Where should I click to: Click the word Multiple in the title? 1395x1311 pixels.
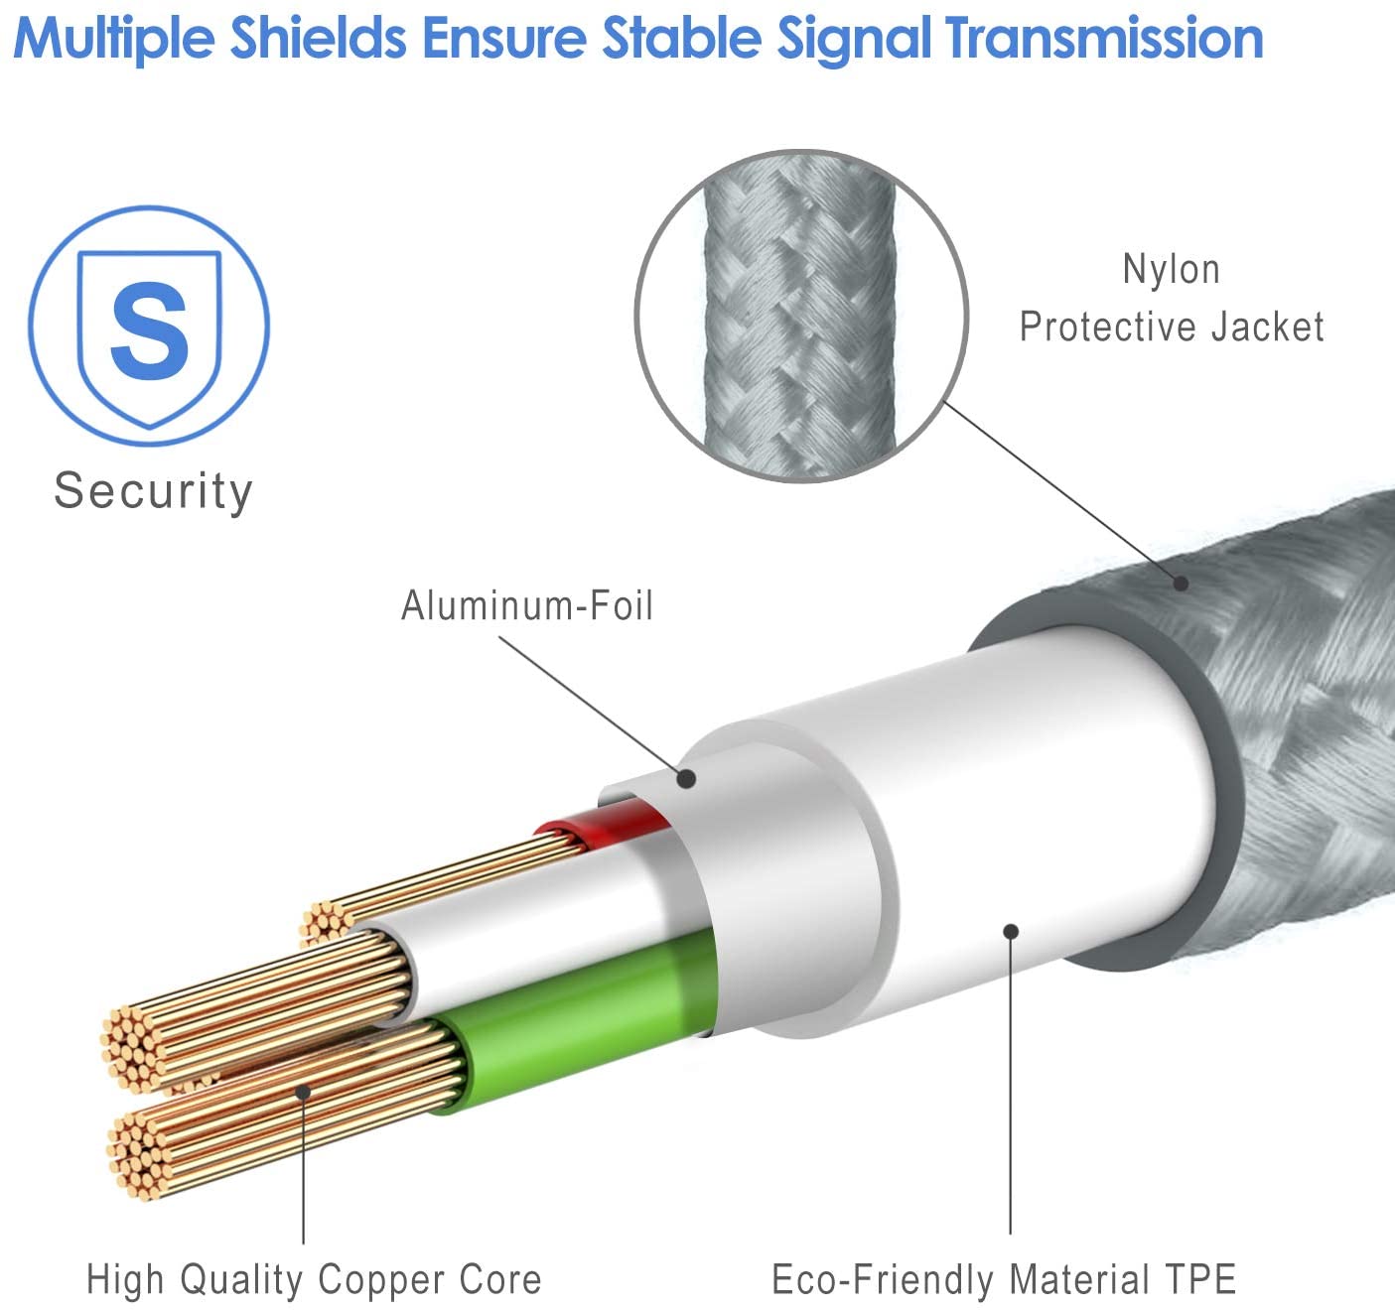tap(113, 40)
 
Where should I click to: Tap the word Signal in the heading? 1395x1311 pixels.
tap(855, 40)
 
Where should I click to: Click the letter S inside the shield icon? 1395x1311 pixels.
tap(149, 330)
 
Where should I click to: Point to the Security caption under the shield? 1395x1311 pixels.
tap(153, 491)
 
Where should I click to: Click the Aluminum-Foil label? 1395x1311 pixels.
tap(526, 605)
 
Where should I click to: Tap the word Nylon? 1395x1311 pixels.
tap(1171, 270)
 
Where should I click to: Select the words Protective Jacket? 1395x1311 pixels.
tap(1172, 328)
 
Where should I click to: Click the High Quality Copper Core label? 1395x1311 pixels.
tap(314, 1279)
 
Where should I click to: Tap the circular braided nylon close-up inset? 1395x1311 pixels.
tap(800, 316)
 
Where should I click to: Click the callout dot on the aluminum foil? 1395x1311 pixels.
tap(685, 779)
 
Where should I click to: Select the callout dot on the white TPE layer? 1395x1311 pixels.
tap(1011, 931)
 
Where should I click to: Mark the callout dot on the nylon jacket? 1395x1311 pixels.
tap(1181, 584)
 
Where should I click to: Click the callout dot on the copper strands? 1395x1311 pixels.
tap(303, 1092)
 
